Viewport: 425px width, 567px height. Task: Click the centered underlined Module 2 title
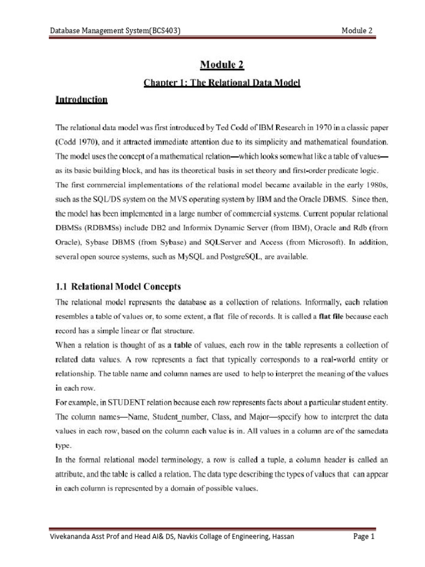pyautogui.click(x=221, y=65)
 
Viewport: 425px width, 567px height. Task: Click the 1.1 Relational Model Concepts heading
pyautogui.click(x=118, y=287)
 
